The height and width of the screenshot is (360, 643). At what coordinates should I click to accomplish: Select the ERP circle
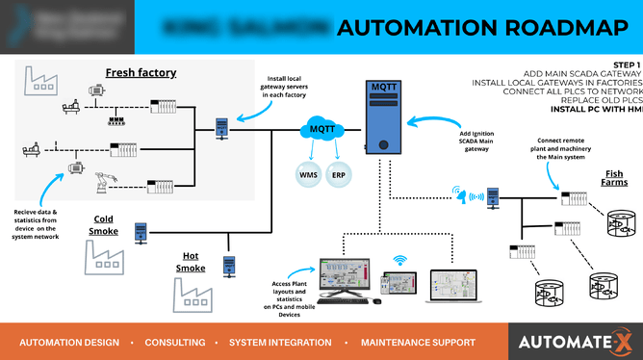pyautogui.click(x=339, y=174)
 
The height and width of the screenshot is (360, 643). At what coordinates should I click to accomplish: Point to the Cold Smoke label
pyautogui.click(x=105, y=225)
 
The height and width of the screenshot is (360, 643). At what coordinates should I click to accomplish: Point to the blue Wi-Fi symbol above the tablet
pyautogui.click(x=400, y=259)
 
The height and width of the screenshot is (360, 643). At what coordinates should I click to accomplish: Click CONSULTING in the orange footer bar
pyautogui.click(x=175, y=342)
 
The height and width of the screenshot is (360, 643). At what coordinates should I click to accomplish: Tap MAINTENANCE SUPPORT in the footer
pyautogui.click(x=418, y=342)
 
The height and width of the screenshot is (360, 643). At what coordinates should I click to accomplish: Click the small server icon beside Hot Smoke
pyautogui.click(x=229, y=265)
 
